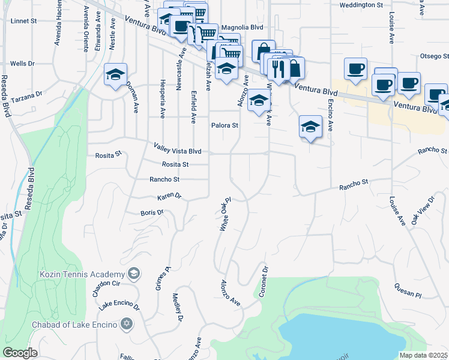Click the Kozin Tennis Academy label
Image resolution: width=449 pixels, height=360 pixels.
click(x=82, y=274)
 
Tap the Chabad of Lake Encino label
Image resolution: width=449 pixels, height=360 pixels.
click(x=76, y=325)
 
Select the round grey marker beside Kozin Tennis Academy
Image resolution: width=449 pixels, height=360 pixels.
click(x=134, y=274)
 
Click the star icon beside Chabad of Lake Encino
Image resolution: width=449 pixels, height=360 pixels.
click(x=126, y=325)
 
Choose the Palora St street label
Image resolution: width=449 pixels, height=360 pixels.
click(x=224, y=126)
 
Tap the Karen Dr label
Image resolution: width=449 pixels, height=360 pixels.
click(x=169, y=197)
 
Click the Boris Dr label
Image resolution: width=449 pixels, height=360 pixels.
click(x=152, y=212)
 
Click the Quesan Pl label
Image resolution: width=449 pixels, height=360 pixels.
click(x=409, y=290)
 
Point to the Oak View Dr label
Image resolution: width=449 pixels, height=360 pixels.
click(x=423, y=211)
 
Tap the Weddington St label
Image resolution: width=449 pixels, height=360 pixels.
click(x=361, y=5)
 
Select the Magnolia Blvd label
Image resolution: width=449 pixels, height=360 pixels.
click(x=243, y=27)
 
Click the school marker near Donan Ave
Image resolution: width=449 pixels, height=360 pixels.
click(x=115, y=75)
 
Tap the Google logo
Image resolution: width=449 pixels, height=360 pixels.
click(x=20, y=353)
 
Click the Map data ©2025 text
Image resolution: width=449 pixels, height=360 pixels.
click(x=423, y=355)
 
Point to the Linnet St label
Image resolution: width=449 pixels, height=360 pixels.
click(x=25, y=20)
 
